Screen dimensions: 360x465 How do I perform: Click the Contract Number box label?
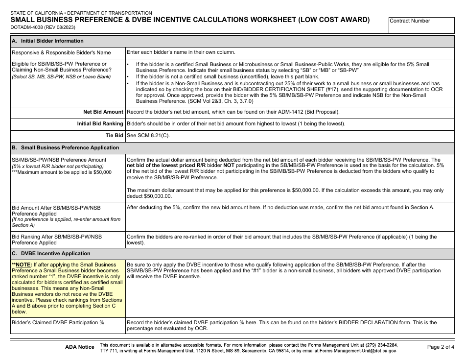[410, 21]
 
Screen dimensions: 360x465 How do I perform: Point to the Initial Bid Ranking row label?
[100, 123]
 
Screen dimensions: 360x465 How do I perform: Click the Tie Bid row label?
[115, 135]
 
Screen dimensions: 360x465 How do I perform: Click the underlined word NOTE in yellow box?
[23, 264]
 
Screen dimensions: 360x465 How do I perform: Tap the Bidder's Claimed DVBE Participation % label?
[58, 323]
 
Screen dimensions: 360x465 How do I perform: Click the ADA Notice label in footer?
[79, 347]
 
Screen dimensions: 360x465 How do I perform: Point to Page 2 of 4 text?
[441, 347]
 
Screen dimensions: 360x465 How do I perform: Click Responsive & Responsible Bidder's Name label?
[61, 52]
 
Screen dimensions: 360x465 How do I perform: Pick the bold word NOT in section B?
[230, 166]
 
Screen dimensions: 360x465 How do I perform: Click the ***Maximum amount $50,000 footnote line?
[61, 172]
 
